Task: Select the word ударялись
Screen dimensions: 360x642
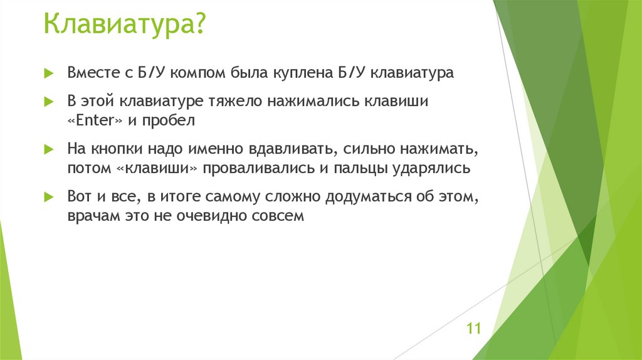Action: tap(439, 169)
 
